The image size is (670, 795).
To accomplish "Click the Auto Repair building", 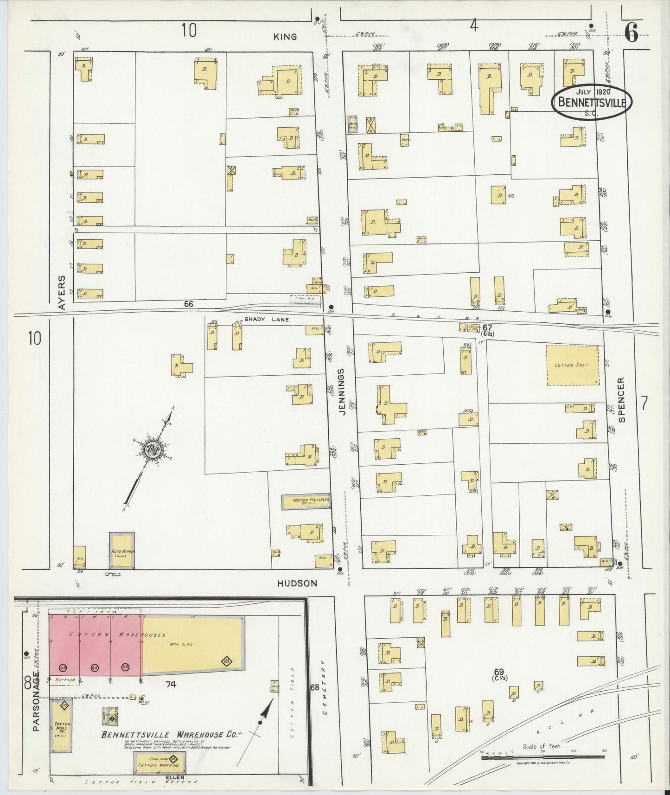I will point(122,551).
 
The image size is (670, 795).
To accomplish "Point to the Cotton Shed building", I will point(572,365).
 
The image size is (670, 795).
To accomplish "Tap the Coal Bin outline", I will point(305,299).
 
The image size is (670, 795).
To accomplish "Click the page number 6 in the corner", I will point(631,32).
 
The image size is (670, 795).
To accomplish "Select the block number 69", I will point(498,671).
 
